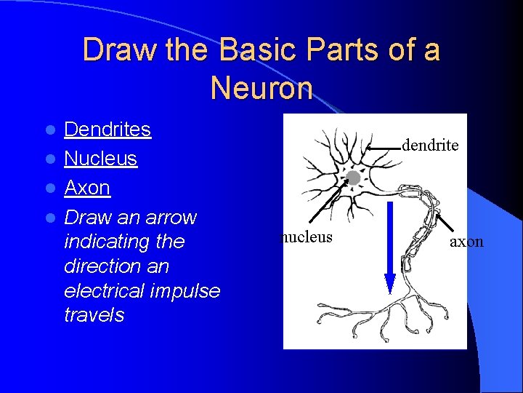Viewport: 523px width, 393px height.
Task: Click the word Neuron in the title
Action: [x=261, y=88]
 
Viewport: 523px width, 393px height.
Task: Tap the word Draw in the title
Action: [x=110, y=50]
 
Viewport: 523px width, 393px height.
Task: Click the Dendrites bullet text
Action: [x=108, y=130]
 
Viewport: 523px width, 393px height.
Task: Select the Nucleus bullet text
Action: [x=100, y=159]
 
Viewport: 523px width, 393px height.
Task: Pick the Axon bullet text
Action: [x=87, y=188]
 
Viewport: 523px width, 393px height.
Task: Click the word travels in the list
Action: [x=94, y=315]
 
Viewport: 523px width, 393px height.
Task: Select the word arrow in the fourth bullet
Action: [x=171, y=217]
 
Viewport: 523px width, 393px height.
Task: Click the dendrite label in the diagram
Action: [x=429, y=146]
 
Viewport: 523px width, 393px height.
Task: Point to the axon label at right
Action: [x=466, y=242]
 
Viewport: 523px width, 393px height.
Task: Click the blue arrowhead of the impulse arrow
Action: [x=390, y=284]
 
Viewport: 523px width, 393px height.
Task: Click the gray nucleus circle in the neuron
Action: [x=353, y=178]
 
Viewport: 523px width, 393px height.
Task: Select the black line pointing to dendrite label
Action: [x=384, y=146]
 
